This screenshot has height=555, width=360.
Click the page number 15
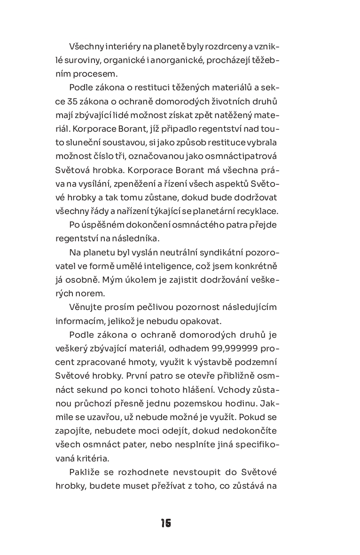click(x=165, y=523)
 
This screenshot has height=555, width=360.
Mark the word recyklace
click(x=259, y=211)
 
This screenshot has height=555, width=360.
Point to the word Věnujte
click(x=85, y=307)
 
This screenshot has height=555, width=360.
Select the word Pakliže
click(x=85, y=471)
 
